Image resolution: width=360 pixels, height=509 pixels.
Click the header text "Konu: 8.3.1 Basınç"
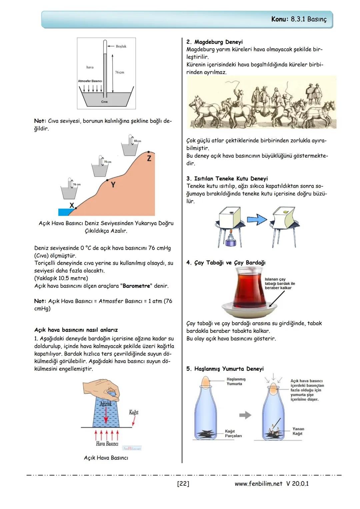299,19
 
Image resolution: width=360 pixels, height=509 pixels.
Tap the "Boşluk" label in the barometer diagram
121,46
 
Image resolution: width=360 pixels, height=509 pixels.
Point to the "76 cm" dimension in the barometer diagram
119,72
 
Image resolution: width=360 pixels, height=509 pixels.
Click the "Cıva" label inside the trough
104,102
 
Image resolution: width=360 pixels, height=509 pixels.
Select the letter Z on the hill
149,158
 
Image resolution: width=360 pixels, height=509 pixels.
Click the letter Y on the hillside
113,185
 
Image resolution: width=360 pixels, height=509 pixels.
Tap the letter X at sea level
72,205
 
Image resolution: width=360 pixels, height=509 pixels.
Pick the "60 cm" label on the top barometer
137,141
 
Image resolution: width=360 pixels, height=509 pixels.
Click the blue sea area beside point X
65,212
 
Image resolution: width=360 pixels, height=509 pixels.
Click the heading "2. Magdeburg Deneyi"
214,42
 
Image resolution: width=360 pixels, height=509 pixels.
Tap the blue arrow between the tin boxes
257,220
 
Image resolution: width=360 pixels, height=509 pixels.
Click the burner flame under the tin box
230,233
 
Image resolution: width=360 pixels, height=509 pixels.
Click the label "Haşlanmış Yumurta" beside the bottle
236,381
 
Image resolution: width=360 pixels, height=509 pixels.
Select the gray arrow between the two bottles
245,415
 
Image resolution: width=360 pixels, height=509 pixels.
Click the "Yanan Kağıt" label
298,431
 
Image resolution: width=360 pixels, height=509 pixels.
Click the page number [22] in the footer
183,484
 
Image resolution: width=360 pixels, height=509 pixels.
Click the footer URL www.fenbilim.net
258,484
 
